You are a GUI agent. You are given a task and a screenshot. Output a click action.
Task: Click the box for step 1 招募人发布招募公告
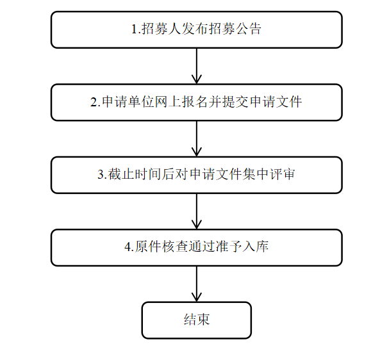coord(197,29)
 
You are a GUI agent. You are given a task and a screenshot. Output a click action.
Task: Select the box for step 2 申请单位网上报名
coord(197,102)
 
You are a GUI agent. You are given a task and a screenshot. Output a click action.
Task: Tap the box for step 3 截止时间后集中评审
coord(197,175)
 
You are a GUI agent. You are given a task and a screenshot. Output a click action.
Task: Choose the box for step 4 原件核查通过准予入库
coord(197,248)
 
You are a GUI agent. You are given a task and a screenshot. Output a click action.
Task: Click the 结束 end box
coord(197,320)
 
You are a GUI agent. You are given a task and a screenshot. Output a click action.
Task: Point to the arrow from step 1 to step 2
coord(197,66)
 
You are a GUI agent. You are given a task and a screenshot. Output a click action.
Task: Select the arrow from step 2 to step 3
coord(197,138)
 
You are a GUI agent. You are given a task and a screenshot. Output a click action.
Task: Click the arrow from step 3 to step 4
coord(197,211)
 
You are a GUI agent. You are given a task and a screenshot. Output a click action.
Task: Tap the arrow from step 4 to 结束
coord(197,284)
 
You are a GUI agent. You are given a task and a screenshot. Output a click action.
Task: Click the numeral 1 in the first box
coord(135,29)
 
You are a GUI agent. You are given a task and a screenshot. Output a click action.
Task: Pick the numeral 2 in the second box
coord(94,102)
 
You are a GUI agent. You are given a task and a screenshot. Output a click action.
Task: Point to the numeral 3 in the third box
coord(101,174)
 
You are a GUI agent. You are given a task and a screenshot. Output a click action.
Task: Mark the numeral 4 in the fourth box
coord(128,247)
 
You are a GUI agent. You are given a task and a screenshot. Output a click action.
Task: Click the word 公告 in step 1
coord(248,29)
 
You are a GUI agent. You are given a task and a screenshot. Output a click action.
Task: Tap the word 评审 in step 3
coord(282,174)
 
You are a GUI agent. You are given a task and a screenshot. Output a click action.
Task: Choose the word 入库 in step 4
coord(256,247)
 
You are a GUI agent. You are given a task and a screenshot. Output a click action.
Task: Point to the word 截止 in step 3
coord(120,174)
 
